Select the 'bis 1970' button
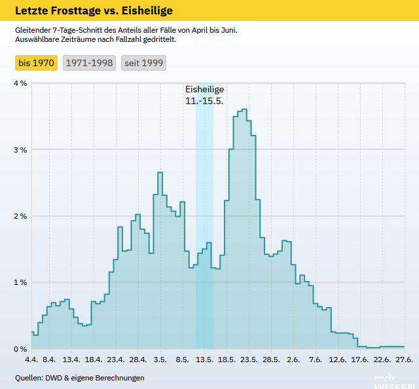coord(37,63)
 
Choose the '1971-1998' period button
coord(90,63)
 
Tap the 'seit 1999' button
coord(143,63)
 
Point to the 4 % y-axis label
coord(20,84)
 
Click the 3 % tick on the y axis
coord(20,150)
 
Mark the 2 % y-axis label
coord(20,216)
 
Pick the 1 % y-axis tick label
coord(20,282)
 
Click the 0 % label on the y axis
coord(20,348)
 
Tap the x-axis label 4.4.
coord(31,360)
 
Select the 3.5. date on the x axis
coord(160,360)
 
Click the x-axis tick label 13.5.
coord(204,360)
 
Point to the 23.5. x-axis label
coord(249,360)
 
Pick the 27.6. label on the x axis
coord(403,360)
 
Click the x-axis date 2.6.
coord(293,360)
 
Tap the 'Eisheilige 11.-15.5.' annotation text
coord(204,96)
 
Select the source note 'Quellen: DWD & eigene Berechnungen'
coord(80,378)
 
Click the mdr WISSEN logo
coord(393,382)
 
